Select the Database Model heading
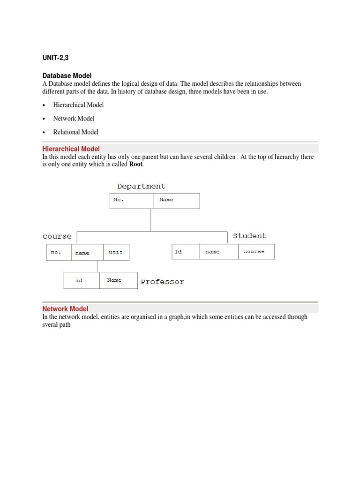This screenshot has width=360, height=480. tap(67, 75)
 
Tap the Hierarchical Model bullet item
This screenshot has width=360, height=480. tap(78, 105)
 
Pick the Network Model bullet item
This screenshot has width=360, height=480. tap(74, 119)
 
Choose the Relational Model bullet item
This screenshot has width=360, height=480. tap(75, 132)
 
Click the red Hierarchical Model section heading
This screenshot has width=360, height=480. tap(71, 149)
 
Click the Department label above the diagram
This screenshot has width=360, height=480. tap(141, 186)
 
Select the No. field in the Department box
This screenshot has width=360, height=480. tap(119, 200)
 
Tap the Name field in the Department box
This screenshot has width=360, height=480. tap(166, 200)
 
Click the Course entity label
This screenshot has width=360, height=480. tap(57, 236)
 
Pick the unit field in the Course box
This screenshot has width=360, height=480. tap(115, 252)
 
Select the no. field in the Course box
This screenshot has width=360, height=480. tap(56, 252)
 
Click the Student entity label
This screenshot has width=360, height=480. tap(249, 236)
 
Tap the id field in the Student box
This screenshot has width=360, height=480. tap(178, 252)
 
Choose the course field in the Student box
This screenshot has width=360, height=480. tap(254, 252)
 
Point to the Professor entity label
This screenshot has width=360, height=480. tap(163, 282)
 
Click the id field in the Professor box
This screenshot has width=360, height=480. tap(79, 280)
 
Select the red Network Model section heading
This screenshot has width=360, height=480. tap(65, 308)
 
